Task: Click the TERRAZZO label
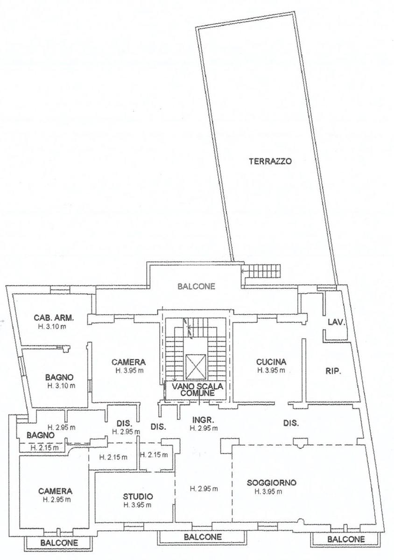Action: click(270, 161)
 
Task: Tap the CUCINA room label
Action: click(271, 362)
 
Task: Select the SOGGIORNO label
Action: click(271, 483)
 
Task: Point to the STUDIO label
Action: click(138, 496)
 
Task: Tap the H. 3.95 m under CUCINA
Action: click(271, 370)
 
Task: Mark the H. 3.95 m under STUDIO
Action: click(138, 505)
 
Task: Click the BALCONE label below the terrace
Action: click(197, 286)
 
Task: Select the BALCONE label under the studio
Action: click(203, 537)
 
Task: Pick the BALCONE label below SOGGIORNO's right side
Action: click(346, 539)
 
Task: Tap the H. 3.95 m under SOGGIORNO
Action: click(268, 491)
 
